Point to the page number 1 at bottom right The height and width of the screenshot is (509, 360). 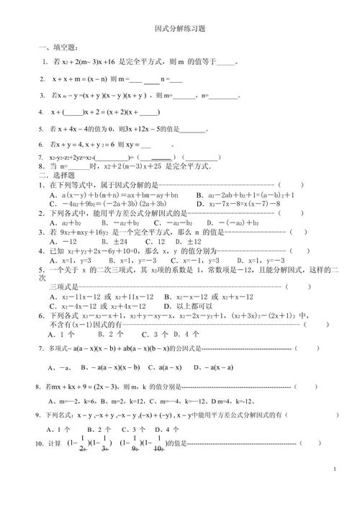pos(336,469)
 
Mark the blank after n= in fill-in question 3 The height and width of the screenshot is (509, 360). pos(225,95)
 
